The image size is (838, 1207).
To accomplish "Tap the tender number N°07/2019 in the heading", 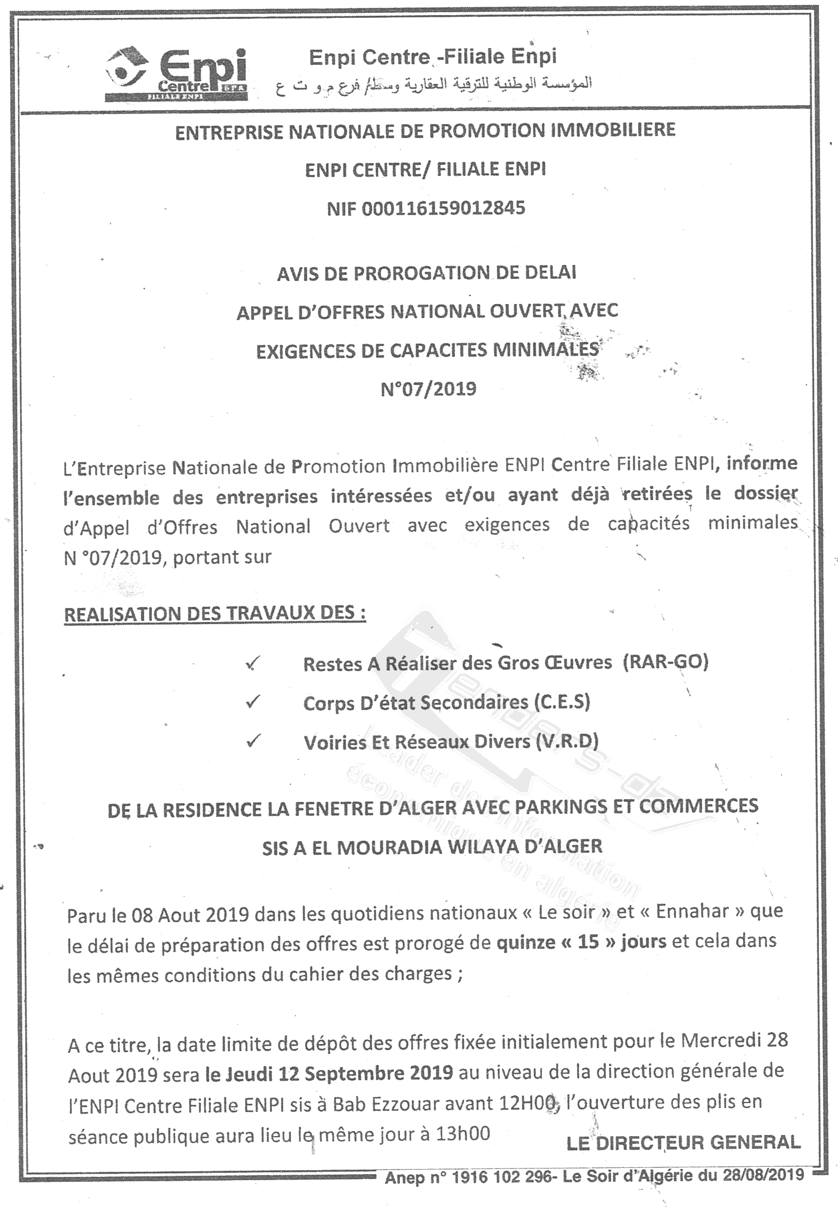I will [x=428, y=388].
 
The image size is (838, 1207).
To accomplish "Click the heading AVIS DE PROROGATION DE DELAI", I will [x=427, y=273].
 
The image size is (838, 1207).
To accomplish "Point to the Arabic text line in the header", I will [x=434, y=85].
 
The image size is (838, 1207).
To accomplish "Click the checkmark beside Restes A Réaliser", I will [x=253, y=664].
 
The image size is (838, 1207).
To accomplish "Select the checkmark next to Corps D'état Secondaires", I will [x=253, y=702].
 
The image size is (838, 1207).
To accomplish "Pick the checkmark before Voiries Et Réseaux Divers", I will [x=253, y=741].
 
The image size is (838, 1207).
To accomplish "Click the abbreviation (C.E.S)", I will [x=561, y=702].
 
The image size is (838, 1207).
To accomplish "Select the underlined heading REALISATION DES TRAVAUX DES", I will [x=215, y=614].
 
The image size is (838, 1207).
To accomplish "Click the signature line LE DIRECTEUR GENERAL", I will [x=683, y=1143].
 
